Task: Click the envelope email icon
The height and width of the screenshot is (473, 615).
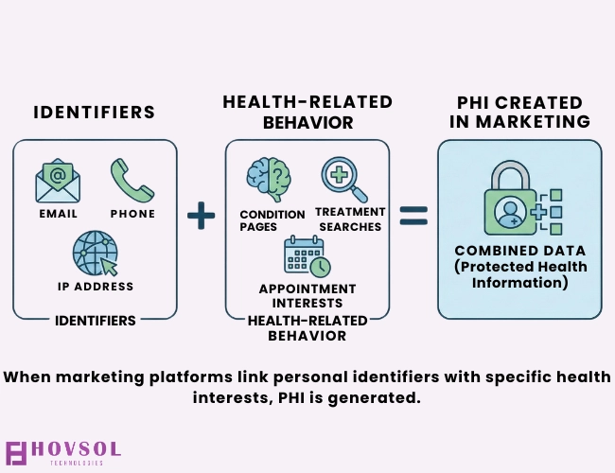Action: pyautogui.click(x=59, y=181)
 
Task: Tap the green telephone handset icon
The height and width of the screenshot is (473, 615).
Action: pyautogui.click(x=132, y=180)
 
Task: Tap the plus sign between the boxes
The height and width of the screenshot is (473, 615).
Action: pyautogui.click(x=201, y=217)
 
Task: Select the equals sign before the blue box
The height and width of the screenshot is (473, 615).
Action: pyautogui.click(x=413, y=217)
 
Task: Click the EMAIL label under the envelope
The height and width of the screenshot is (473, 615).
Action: pyautogui.click(x=58, y=214)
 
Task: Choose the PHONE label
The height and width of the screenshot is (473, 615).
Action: pyautogui.click(x=132, y=214)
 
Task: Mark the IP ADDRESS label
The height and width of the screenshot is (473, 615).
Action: pyautogui.click(x=95, y=287)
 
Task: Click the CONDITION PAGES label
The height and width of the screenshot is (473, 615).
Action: pyautogui.click(x=272, y=220)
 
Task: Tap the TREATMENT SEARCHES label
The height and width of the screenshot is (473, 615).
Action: pyautogui.click(x=348, y=219)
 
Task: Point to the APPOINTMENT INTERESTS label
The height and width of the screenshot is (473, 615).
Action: pyautogui.click(x=307, y=295)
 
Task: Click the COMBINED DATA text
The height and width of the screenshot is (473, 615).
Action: pyautogui.click(x=519, y=251)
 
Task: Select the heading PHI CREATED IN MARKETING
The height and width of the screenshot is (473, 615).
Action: pyautogui.click(x=519, y=112)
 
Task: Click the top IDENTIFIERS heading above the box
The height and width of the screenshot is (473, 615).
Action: pyautogui.click(x=95, y=113)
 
